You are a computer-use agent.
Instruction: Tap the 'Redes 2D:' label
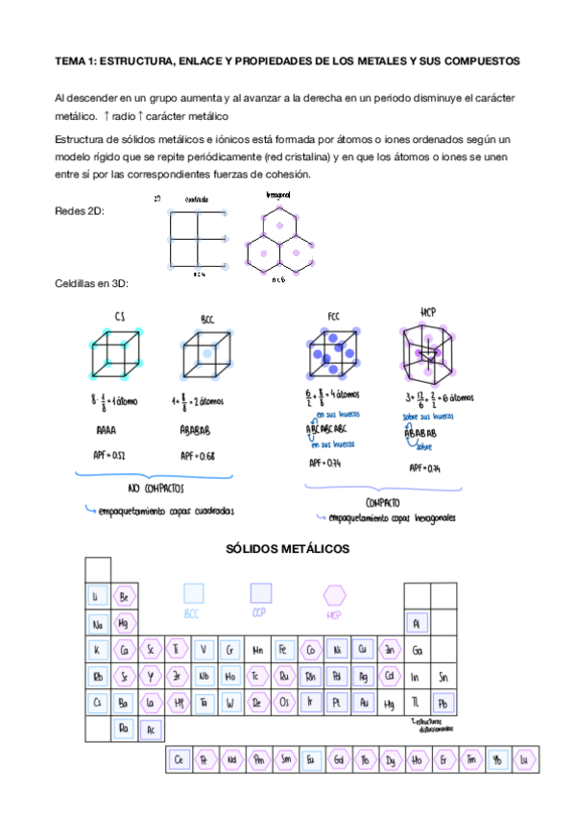[x=81, y=210]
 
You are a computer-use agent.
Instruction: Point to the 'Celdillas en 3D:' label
[x=92, y=285]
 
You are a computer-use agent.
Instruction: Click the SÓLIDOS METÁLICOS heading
[x=287, y=549]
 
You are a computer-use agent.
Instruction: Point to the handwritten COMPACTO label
[x=382, y=502]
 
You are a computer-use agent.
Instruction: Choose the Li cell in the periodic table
[x=96, y=596]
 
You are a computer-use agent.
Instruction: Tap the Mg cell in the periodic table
[x=124, y=623]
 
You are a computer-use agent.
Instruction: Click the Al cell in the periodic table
[x=416, y=623]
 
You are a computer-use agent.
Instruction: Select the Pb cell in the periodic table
[x=443, y=704]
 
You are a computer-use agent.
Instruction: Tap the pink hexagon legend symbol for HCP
[x=334, y=595]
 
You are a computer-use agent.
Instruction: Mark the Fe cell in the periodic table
[x=283, y=650]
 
